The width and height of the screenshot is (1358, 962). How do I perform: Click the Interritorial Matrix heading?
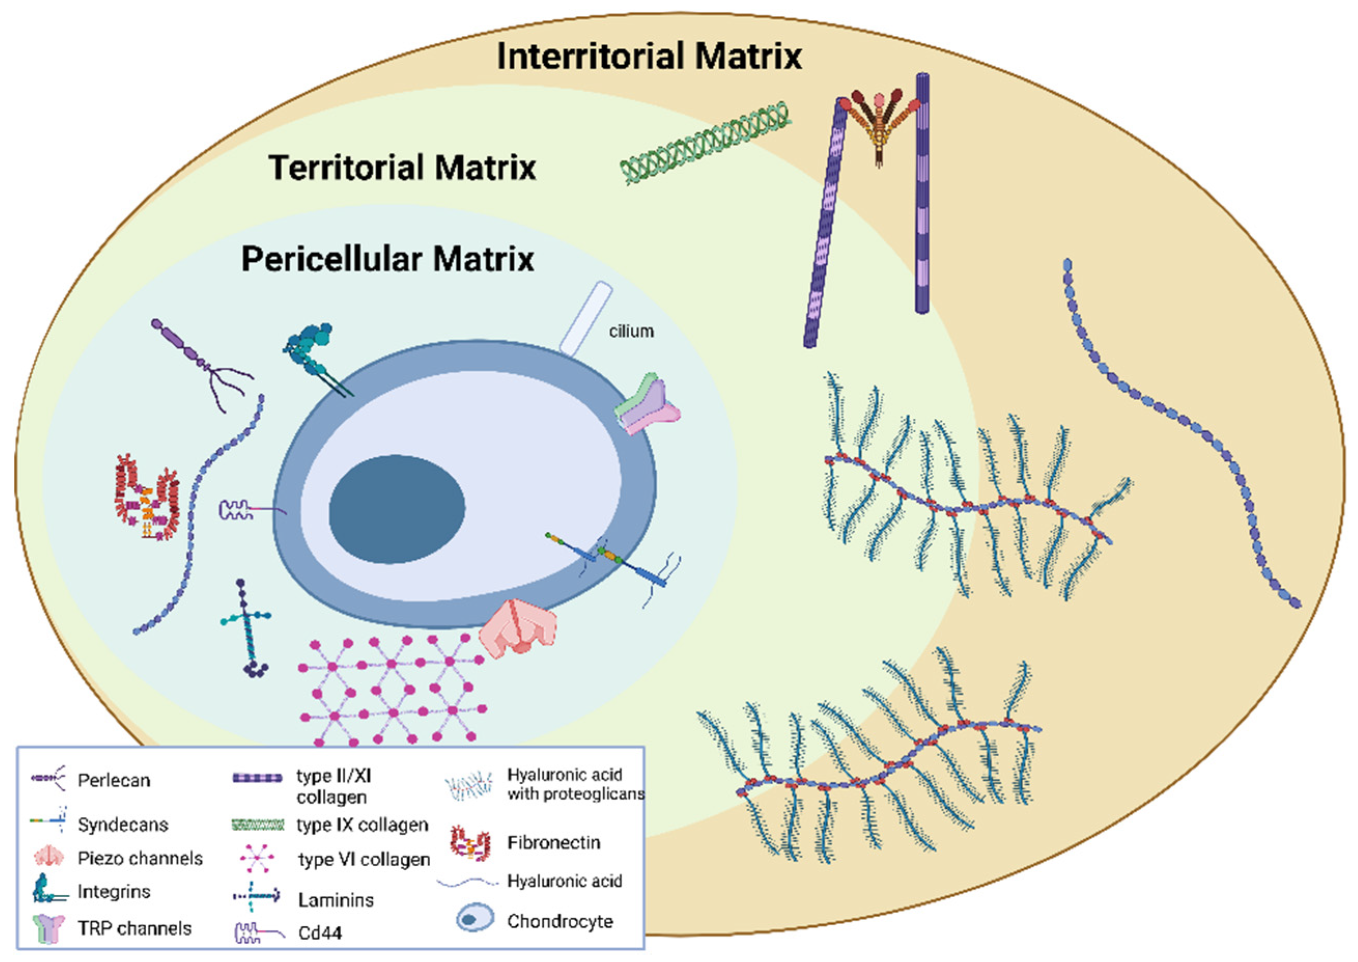(649, 56)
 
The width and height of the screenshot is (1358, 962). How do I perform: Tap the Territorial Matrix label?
(402, 167)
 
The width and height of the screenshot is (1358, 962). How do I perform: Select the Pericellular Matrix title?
(387, 260)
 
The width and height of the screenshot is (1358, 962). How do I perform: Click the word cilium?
(631, 331)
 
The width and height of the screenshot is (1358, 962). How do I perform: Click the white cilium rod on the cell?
(586, 318)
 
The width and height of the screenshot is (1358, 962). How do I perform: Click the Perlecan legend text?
(114, 780)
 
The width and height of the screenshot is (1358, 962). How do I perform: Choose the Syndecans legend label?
(123, 825)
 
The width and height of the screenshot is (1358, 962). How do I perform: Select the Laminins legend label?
(336, 900)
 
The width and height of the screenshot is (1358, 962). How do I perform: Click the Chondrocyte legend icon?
(474, 919)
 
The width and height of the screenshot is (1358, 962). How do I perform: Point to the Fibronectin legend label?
(553, 842)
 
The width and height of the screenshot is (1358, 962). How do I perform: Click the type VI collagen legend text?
(364, 859)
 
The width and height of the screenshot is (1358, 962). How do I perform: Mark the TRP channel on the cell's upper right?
(647, 403)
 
